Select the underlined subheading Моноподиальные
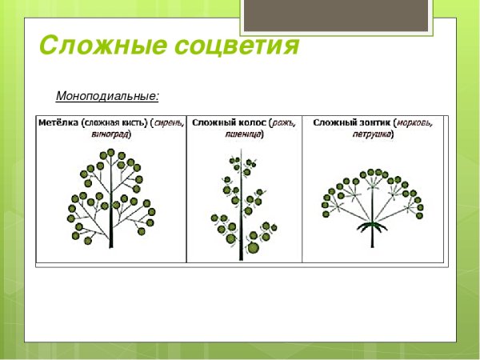[107, 97]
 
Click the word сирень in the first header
[169, 122]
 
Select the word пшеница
[245, 134]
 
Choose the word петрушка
[373, 134]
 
